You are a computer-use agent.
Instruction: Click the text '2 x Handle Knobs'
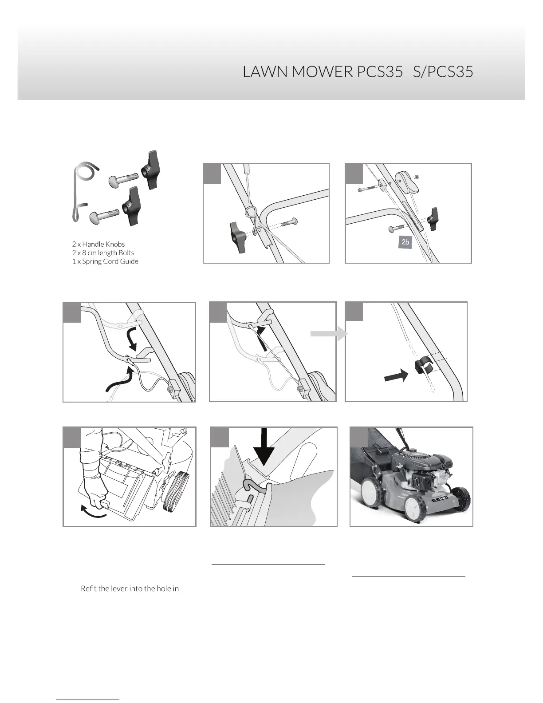[98, 244]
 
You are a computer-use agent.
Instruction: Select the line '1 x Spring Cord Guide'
[105, 261]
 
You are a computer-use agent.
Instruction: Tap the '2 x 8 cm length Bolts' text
[102, 253]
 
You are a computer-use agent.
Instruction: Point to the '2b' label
[405, 242]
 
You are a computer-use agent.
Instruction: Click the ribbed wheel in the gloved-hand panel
[174, 490]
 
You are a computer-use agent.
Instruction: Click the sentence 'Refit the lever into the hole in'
[130, 589]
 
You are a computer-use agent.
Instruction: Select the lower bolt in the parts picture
[103, 217]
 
